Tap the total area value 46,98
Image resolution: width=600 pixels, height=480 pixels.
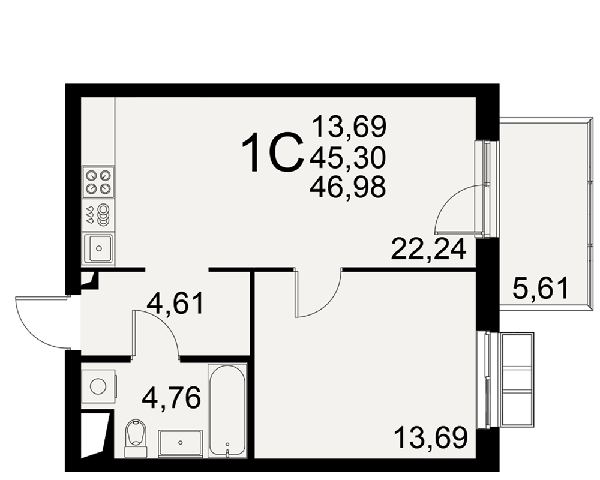pyautogui.click(x=348, y=188)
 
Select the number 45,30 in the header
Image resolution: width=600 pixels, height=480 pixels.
pyautogui.click(x=348, y=158)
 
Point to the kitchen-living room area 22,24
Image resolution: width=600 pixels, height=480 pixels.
pyautogui.click(x=429, y=249)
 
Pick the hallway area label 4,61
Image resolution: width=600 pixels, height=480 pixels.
pyautogui.click(x=176, y=304)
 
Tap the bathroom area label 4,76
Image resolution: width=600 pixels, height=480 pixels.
pyautogui.click(x=172, y=398)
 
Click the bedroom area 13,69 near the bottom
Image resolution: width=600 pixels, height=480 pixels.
pyautogui.click(x=430, y=438)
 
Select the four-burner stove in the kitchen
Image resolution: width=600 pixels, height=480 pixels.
pyautogui.click(x=98, y=182)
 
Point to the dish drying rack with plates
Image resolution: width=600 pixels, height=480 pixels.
pyautogui.click(x=98, y=215)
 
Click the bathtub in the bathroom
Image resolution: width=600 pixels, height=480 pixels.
pyautogui.click(x=227, y=410)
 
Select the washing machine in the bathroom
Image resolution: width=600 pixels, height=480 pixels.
pyautogui.click(x=99, y=386)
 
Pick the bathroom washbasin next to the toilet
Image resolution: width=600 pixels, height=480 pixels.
pyautogui.click(x=181, y=443)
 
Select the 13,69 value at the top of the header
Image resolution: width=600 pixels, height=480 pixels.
pyautogui.click(x=349, y=127)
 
